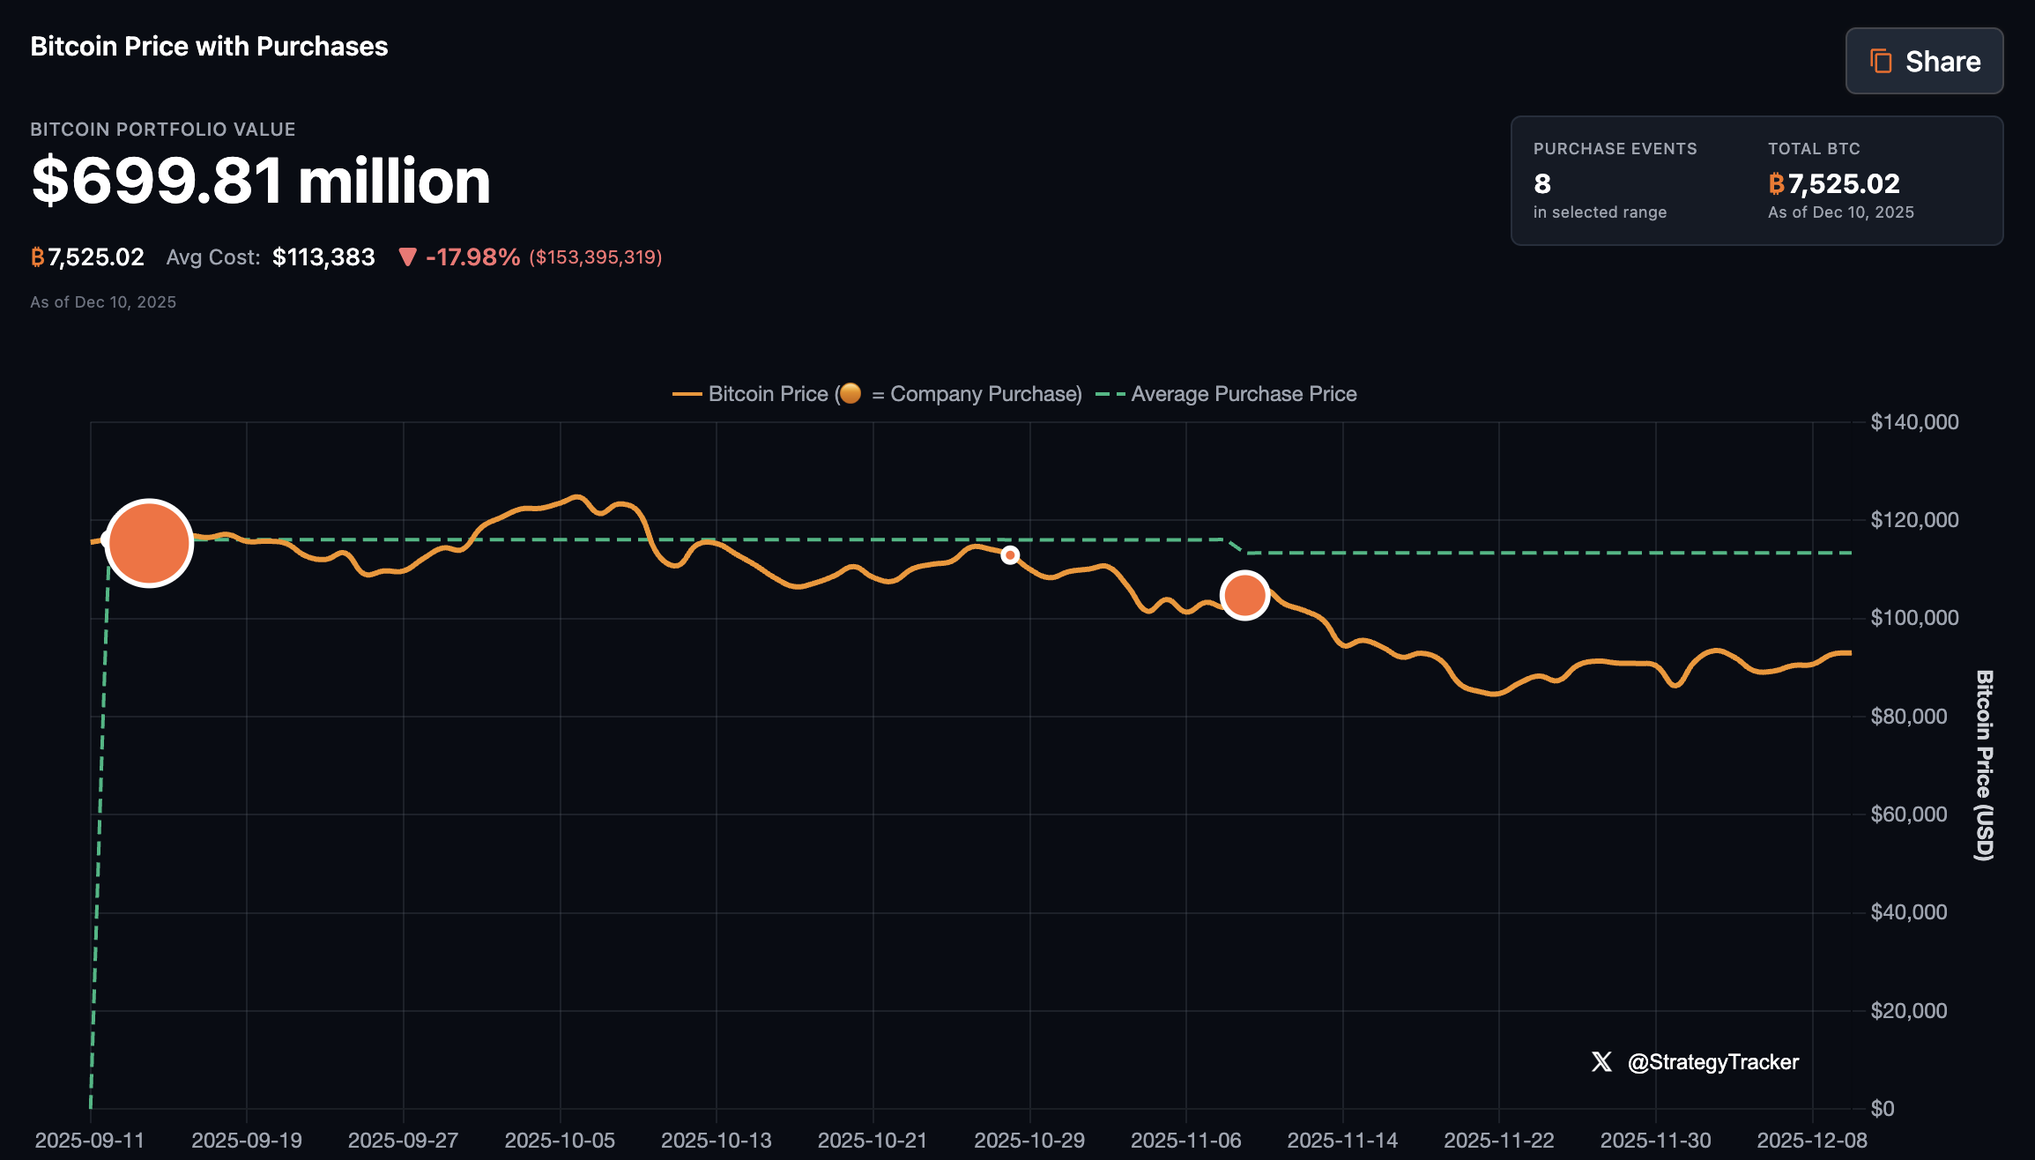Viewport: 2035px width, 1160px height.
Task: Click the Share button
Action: pyautogui.click(x=1924, y=61)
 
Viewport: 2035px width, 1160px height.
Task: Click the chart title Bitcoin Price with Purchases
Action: pyautogui.click(x=209, y=46)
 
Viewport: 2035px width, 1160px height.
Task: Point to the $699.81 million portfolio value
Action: pyautogui.click(x=260, y=181)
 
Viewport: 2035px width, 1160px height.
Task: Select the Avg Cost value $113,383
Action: pyautogui.click(x=323, y=257)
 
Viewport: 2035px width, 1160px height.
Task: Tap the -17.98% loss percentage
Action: pyautogui.click(x=472, y=257)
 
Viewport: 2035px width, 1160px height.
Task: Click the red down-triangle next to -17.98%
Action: pyautogui.click(x=407, y=257)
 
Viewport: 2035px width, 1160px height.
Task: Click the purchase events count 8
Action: pyautogui.click(x=1541, y=183)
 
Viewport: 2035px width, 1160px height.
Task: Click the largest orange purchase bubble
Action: pyautogui.click(x=149, y=543)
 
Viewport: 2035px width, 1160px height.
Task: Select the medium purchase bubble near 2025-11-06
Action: pyautogui.click(x=1244, y=596)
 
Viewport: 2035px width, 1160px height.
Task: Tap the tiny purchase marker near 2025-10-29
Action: pyautogui.click(x=1010, y=554)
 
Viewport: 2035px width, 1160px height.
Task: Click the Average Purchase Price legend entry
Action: pyautogui.click(x=1243, y=394)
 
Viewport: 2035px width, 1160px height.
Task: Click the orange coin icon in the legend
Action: pyautogui.click(x=850, y=393)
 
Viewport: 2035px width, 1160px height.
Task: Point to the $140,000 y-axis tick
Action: pyautogui.click(x=1914, y=422)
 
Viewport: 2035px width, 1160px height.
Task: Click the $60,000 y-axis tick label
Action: pyautogui.click(x=1908, y=814)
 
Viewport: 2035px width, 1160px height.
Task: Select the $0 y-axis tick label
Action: pyautogui.click(x=1882, y=1108)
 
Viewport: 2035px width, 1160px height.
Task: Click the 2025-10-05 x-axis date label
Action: pyautogui.click(x=560, y=1140)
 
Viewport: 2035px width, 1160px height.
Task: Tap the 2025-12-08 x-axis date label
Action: pyautogui.click(x=1812, y=1140)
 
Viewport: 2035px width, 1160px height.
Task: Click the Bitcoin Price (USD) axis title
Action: pyautogui.click(x=1983, y=765)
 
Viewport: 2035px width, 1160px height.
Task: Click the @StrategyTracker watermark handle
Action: pyautogui.click(x=1712, y=1062)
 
